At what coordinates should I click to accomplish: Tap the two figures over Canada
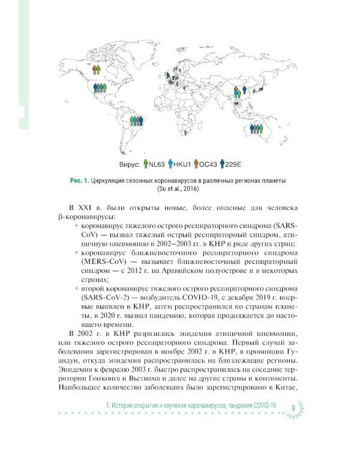point(97,70)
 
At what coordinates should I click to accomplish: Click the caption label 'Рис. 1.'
point(80,181)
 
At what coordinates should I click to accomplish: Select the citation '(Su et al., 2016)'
point(179,189)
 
